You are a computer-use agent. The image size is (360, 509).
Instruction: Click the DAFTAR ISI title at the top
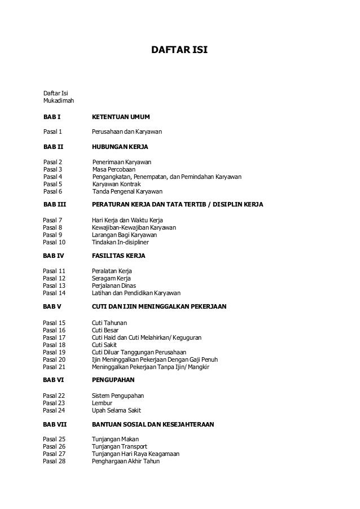(180, 50)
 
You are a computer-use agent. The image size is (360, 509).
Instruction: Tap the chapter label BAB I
(52, 117)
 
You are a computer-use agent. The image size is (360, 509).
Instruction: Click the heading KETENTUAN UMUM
(121, 117)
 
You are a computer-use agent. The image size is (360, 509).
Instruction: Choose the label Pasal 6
(52, 191)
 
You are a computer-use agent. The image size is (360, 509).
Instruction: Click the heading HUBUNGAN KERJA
(120, 147)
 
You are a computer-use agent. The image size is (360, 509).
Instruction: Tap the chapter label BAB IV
(54, 256)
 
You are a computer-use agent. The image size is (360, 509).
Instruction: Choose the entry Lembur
(102, 403)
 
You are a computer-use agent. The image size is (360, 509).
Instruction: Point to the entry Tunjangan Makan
(115, 440)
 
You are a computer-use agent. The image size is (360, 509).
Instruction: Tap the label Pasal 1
(52, 132)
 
